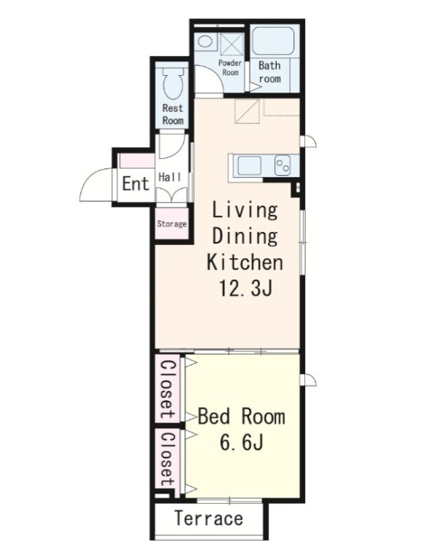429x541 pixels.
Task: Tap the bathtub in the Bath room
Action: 273,41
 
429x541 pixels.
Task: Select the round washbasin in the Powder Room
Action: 205,42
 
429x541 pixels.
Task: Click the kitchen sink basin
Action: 249,166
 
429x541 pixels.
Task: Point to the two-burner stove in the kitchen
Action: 283,166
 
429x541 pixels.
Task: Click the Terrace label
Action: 209,518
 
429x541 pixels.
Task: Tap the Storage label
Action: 172,224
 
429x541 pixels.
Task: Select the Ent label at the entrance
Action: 135,183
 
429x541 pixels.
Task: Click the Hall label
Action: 170,177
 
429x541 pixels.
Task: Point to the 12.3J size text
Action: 245,288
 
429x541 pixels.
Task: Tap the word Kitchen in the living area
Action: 245,262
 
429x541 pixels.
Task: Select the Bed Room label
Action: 242,416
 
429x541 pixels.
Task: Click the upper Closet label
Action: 168,389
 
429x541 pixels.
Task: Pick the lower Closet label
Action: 168,459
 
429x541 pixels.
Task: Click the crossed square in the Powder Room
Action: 232,44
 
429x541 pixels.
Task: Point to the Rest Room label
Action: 173,114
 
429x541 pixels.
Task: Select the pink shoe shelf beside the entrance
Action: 137,161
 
